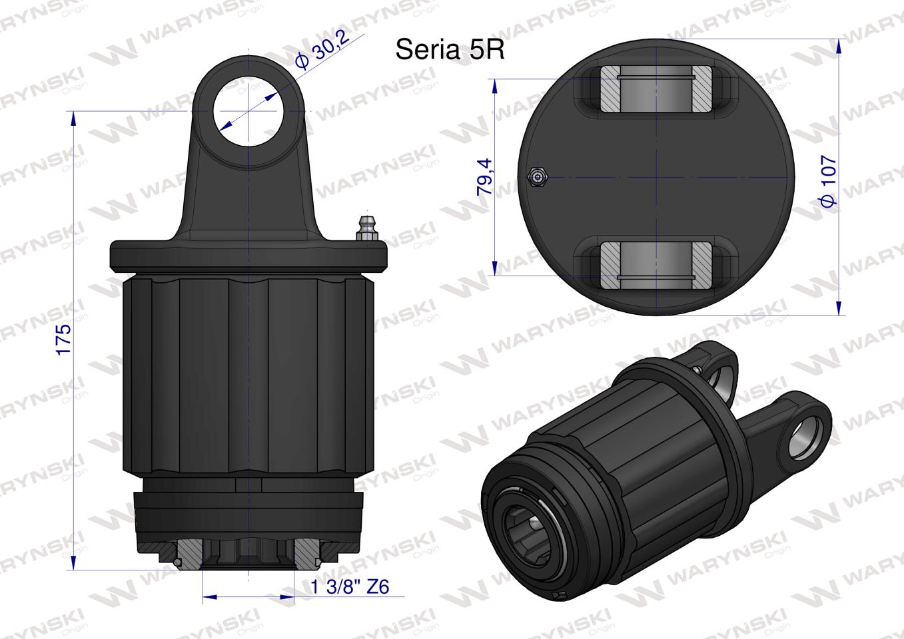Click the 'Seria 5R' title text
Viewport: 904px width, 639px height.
pos(450,49)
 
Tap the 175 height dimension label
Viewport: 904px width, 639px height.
pos(63,339)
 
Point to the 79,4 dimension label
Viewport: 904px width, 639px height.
pos(484,177)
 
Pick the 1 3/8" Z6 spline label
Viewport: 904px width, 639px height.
pos(350,586)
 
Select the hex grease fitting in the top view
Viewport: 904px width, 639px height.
pos(536,176)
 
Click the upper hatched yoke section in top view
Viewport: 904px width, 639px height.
pos(656,90)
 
